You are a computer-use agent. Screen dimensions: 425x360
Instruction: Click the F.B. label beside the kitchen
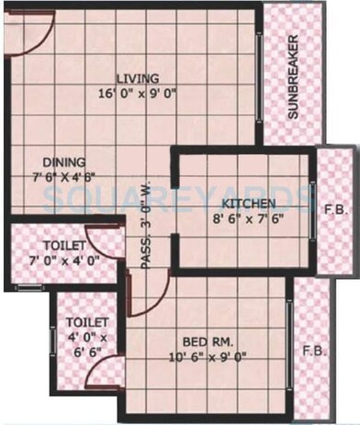(x=333, y=208)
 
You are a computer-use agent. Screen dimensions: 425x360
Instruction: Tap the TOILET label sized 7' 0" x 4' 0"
(x=63, y=246)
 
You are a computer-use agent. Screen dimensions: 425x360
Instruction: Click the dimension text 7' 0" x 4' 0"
(x=64, y=263)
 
